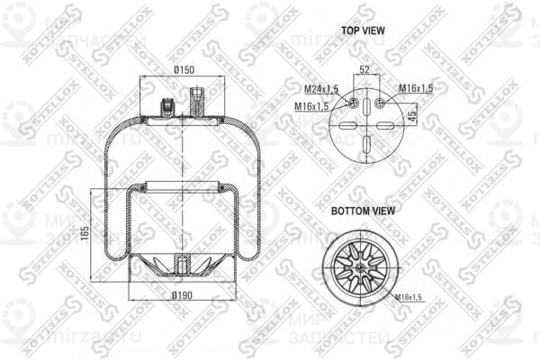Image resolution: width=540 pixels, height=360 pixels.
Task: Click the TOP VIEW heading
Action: [x=363, y=30]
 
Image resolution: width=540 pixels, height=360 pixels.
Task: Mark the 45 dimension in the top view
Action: [x=412, y=115]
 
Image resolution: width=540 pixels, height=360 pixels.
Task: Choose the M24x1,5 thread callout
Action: [x=321, y=89]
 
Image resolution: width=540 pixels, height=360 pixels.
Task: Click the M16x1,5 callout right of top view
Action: [x=415, y=88]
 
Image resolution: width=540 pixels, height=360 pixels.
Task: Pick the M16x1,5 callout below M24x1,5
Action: [x=311, y=107]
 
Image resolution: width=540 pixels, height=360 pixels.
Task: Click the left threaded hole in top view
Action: [x=353, y=103]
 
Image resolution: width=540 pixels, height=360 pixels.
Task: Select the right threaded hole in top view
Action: [x=380, y=103]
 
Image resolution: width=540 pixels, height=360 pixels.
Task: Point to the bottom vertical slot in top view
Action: [x=366, y=146]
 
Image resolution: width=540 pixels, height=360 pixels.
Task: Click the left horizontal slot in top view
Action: [x=345, y=126]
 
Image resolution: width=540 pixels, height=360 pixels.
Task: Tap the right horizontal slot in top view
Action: [x=388, y=126]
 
